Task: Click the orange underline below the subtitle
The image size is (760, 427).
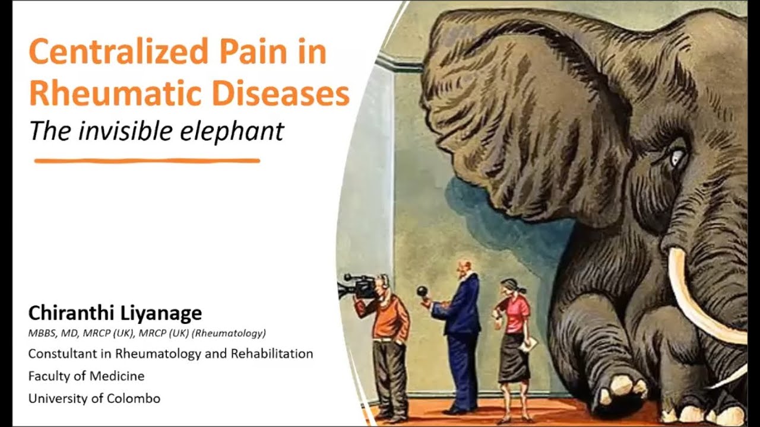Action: pos(147,160)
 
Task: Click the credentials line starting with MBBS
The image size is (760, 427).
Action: pos(147,333)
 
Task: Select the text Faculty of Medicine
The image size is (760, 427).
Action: pos(86,376)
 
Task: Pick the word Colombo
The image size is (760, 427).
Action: pos(134,398)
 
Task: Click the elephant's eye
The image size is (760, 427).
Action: pos(677,158)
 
